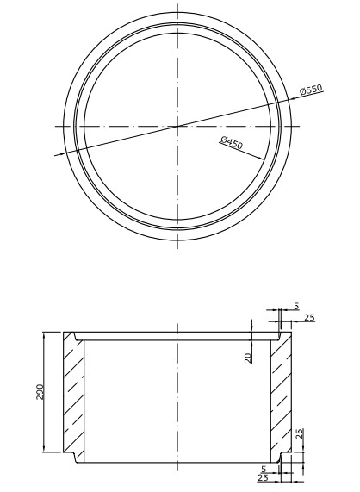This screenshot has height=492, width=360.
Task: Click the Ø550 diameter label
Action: tap(311, 90)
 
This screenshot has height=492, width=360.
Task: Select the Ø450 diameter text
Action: tap(231, 142)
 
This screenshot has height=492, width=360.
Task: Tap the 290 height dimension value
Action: tap(40, 391)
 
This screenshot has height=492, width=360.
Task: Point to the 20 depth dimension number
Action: tap(248, 358)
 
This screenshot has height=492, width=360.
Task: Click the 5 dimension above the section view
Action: tap(296, 306)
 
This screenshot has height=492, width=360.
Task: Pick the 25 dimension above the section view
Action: tap(309, 318)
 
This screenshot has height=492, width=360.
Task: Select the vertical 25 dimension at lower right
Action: tap(300, 433)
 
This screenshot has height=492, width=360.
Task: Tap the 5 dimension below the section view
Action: tap(264, 469)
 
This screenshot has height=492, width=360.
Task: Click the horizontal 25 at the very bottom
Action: tap(263, 478)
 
